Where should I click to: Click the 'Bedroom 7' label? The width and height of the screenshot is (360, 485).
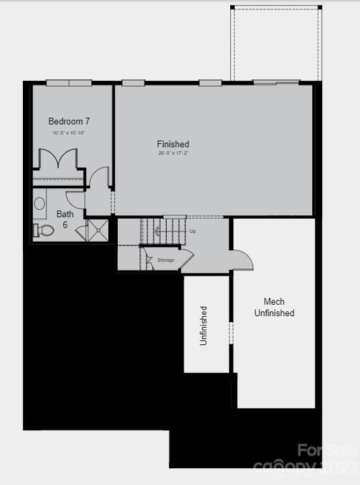[69, 122]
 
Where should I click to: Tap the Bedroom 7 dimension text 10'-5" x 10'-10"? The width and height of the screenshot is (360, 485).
[69, 133]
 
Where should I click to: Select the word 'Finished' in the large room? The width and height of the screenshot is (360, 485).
[173, 144]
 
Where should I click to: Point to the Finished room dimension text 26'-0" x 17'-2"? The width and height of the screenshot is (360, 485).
[173, 153]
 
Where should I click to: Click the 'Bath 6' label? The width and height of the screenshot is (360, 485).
[65, 219]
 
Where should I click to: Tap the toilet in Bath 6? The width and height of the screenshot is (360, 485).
[44, 230]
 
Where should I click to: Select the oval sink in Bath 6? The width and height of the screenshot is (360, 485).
[39, 203]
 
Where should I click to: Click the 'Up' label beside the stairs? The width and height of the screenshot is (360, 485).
[192, 231]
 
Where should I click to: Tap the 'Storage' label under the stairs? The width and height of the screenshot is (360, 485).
[166, 260]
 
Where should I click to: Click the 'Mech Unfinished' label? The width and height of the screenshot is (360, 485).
[274, 307]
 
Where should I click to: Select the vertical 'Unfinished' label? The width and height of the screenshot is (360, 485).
[203, 326]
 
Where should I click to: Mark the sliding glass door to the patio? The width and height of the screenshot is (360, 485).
[276, 83]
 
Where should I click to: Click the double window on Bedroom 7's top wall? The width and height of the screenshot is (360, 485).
[69, 83]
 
